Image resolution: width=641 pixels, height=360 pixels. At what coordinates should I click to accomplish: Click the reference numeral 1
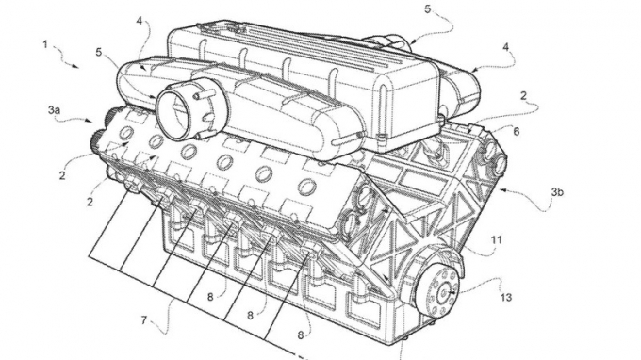point(45,44)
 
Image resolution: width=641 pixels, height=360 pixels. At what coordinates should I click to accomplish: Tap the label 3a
point(55,110)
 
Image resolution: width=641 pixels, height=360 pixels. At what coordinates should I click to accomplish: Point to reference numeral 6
point(516,133)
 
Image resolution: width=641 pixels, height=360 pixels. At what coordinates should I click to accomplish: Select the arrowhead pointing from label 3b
point(502,188)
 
